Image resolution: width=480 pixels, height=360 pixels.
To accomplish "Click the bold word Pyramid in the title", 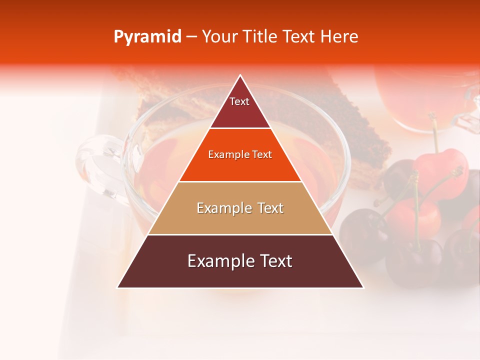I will click(147, 37).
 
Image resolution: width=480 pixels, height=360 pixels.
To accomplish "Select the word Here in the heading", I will click(339, 37).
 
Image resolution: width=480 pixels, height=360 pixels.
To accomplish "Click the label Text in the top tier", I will click(239, 101).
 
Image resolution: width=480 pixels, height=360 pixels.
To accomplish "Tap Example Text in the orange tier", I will click(240, 154).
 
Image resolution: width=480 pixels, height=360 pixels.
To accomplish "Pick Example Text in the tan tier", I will click(240, 208).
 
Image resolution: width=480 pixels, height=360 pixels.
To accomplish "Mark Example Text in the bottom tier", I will click(240, 261).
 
